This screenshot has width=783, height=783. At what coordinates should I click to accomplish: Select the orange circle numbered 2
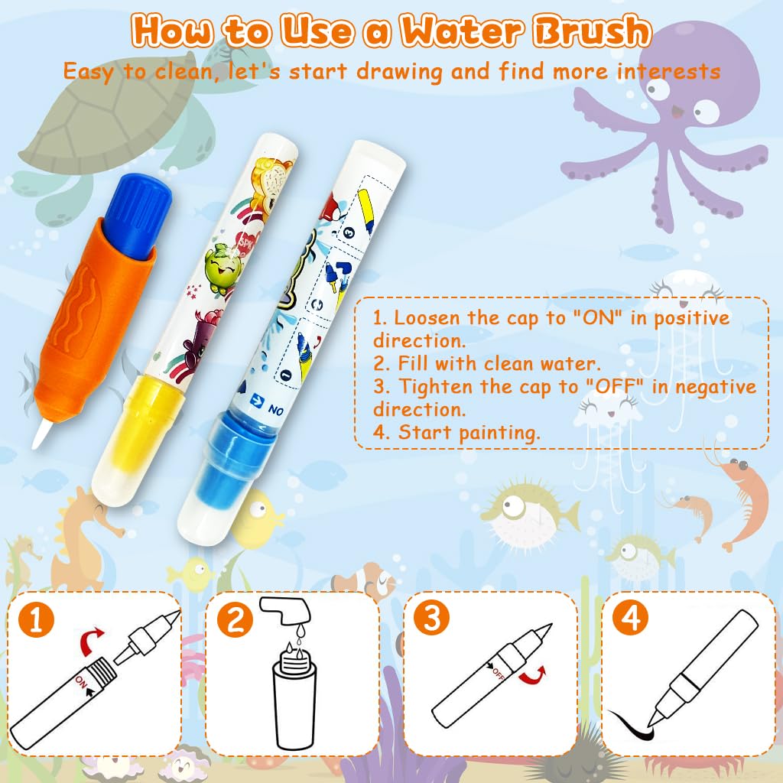pyautogui.click(x=234, y=619)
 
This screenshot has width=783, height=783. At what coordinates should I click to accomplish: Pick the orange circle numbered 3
pyautogui.click(x=432, y=619)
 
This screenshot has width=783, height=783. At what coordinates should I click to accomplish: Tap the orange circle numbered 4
pyautogui.click(x=629, y=619)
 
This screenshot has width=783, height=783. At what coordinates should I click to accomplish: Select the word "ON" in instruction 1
pyautogui.click(x=601, y=318)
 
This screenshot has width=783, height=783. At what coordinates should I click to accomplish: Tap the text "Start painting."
pyautogui.click(x=468, y=432)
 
